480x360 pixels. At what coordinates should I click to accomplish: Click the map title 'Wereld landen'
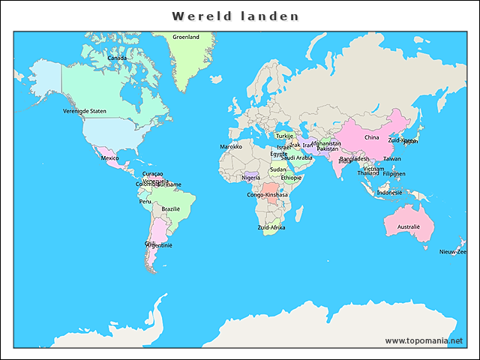click(x=235, y=16)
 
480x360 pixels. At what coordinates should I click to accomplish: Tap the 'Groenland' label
click(x=186, y=37)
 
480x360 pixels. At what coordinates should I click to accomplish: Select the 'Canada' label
click(x=116, y=58)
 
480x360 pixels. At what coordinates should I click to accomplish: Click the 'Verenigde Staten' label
click(x=84, y=111)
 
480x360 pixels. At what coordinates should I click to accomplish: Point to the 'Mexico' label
click(x=109, y=158)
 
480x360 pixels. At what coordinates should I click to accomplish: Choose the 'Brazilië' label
click(x=171, y=208)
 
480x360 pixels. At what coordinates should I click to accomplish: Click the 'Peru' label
click(x=145, y=201)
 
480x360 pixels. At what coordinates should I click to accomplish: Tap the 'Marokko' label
click(x=231, y=146)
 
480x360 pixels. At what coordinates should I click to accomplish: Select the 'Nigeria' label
click(x=251, y=178)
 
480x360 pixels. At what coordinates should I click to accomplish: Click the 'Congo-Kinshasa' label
click(x=268, y=195)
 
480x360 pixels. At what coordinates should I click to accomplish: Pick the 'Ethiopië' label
click(x=291, y=178)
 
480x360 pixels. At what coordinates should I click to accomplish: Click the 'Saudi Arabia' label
click(x=296, y=158)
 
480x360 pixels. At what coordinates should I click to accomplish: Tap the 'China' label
click(x=372, y=137)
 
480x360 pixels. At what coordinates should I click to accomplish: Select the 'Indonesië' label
click(x=389, y=192)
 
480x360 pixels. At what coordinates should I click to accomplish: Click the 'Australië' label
click(x=409, y=226)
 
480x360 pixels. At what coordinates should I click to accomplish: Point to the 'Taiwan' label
click(x=392, y=158)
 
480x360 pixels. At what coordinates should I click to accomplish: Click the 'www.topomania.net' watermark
click(x=424, y=340)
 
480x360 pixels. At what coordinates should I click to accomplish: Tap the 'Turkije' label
click(x=284, y=136)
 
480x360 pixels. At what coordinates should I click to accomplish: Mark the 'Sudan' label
click(x=277, y=169)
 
